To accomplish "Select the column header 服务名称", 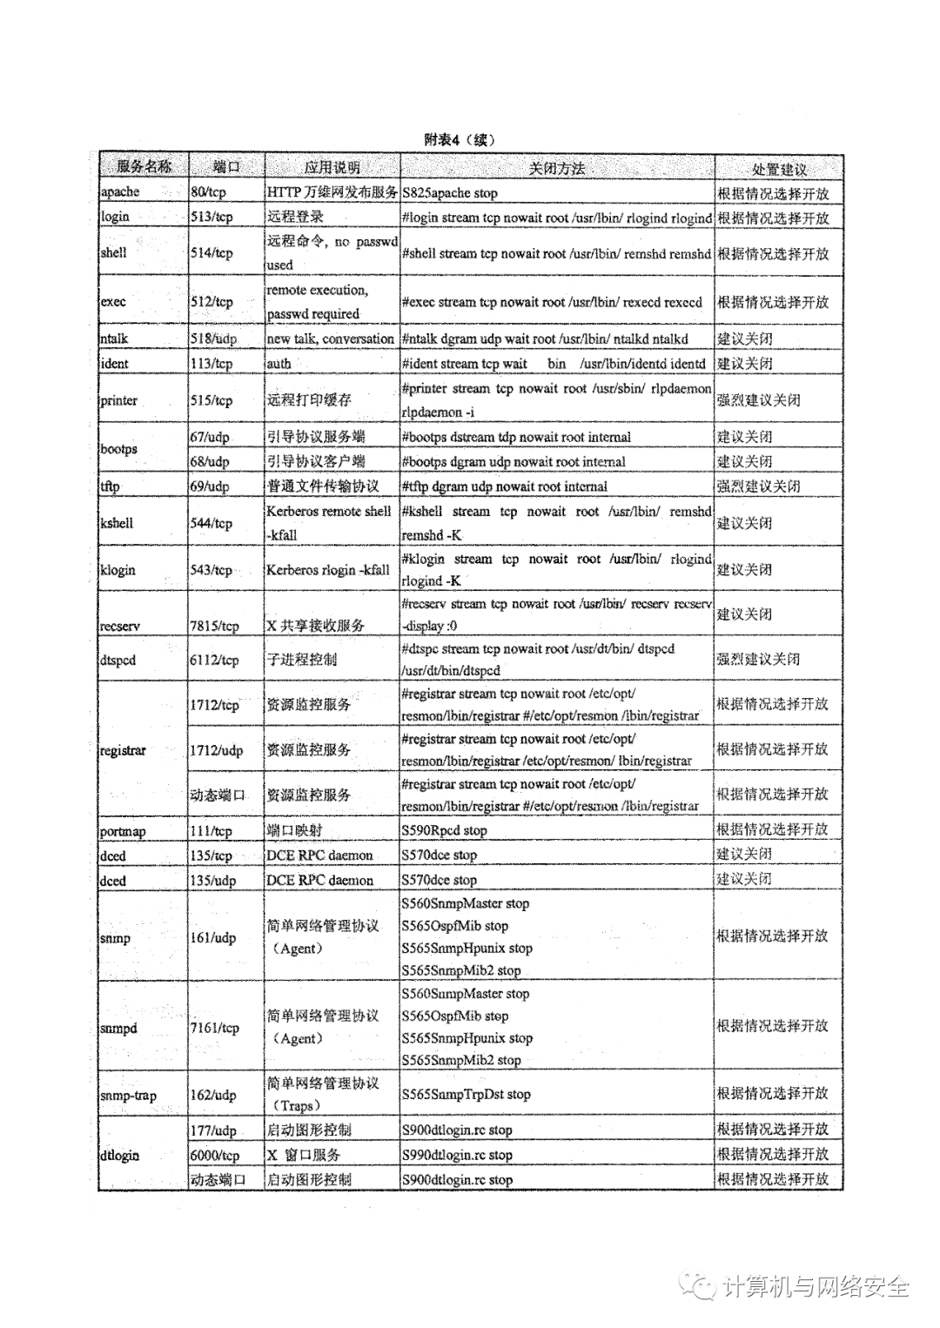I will [x=144, y=167].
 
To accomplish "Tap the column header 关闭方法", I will [x=557, y=168].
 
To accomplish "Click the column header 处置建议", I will [x=779, y=168].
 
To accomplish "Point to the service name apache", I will [x=120, y=192].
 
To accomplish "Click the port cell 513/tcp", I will [x=211, y=217].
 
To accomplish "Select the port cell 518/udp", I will [x=213, y=339].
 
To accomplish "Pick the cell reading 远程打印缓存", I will [x=309, y=400].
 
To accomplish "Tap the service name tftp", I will [x=111, y=486].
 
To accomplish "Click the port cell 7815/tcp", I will [x=215, y=626].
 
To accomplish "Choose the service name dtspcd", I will [x=118, y=660].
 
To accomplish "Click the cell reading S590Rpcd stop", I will [x=444, y=830].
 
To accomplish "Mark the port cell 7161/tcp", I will [x=215, y=1028].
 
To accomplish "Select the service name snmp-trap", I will [x=128, y=1095].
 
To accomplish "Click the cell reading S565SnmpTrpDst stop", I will [x=466, y=1095].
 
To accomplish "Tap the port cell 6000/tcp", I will [x=215, y=1155].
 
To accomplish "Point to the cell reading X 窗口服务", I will [x=304, y=1155].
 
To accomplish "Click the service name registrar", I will [x=123, y=750].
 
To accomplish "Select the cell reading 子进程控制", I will [x=301, y=660].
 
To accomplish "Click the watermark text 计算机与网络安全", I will [x=816, y=1286].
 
